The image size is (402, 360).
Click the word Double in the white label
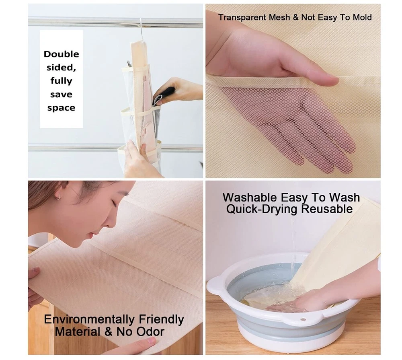coord(61,54)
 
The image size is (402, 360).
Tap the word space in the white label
coord(61,108)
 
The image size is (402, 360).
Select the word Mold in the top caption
coord(362,17)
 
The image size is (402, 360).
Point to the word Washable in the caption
coord(250,197)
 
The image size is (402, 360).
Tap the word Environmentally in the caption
coord(89,320)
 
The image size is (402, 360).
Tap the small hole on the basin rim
coord(303,320)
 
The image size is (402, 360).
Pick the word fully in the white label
coord(61,81)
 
